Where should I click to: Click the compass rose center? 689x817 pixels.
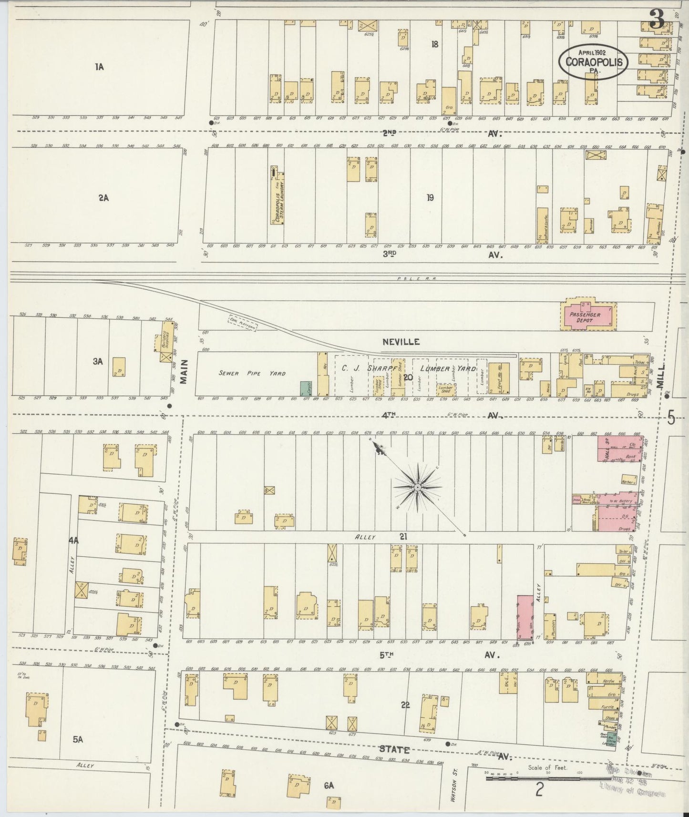click(x=417, y=487)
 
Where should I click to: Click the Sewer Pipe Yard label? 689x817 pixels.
click(x=252, y=373)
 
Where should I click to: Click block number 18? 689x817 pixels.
click(x=434, y=44)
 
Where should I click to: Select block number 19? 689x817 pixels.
click(x=430, y=198)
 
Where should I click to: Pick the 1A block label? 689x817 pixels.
click(x=99, y=67)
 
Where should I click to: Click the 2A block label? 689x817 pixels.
click(x=103, y=198)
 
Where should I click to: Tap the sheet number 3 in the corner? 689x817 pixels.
click(x=657, y=20)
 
